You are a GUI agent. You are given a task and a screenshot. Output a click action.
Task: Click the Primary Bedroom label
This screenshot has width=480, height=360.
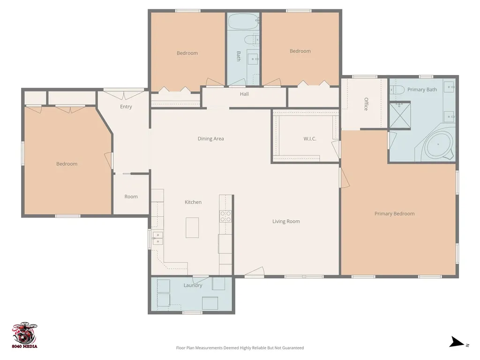[394, 214]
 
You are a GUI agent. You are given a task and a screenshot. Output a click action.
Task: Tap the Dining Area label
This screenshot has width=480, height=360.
[210, 139]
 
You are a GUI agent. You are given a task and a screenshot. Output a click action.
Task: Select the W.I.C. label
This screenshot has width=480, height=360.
[310, 139]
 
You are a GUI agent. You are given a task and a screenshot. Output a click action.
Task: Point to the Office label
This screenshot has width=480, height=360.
[366, 104]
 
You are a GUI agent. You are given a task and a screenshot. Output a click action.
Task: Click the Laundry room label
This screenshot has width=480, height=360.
[193, 285]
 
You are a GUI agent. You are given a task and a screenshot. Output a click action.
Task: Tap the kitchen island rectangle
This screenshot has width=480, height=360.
[192, 228]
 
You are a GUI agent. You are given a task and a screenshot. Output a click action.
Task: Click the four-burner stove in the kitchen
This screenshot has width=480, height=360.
[225, 216]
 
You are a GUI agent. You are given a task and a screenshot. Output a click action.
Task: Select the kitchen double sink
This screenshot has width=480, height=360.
[157, 238]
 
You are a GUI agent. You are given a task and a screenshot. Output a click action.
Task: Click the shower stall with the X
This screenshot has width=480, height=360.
[399, 116]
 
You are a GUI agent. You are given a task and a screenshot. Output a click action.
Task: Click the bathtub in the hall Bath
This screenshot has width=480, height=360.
[243, 22]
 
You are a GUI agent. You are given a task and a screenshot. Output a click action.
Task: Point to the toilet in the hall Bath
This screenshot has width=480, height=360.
[252, 40]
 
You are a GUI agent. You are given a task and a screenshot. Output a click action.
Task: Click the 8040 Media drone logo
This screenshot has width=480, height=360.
[24, 335]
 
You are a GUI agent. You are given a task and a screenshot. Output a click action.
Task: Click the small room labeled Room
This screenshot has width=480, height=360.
[131, 195]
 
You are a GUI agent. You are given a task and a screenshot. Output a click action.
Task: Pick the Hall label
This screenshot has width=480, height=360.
[244, 94]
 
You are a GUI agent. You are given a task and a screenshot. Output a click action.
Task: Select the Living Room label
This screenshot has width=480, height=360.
[286, 221]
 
